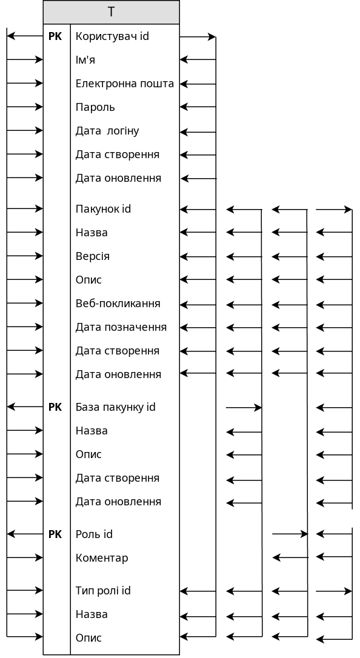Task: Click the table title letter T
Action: click(111, 12)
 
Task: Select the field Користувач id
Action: click(112, 36)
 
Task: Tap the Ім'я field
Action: click(85, 59)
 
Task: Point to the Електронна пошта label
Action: click(125, 84)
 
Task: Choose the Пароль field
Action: click(95, 107)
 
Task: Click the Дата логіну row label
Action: click(107, 131)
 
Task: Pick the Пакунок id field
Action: click(103, 208)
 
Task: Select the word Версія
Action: click(92, 256)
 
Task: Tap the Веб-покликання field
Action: click(118, 304)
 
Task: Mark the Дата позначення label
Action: click(121, 327)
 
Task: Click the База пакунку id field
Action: click(115, 407)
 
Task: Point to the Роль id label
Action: click(94, 534)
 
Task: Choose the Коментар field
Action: click(102, 557)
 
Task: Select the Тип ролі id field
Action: click(103, 590)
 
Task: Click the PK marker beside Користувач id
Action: click(55, 36)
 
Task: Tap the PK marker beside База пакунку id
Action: click(55, 407)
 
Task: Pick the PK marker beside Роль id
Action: click(55, 534)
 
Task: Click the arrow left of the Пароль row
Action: click(25, 107)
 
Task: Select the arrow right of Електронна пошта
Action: click(198, 84)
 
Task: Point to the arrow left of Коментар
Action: click(25, 557)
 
